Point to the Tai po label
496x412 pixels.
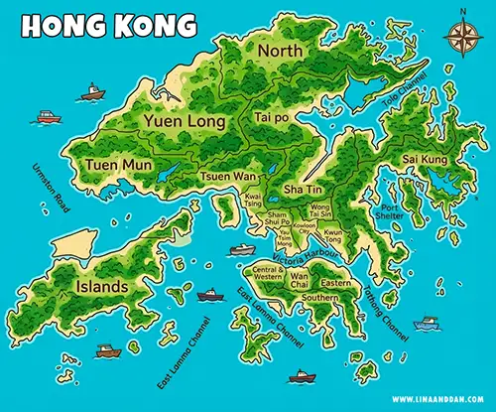pyautogui.click(x=271, y=117)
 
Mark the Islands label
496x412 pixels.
pyautogui.click(x=101, y=287)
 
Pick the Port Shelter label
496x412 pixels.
pyautogui.click(x=393, y=212)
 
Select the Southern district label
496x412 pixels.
pyautogui.click(x=319, y=297)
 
